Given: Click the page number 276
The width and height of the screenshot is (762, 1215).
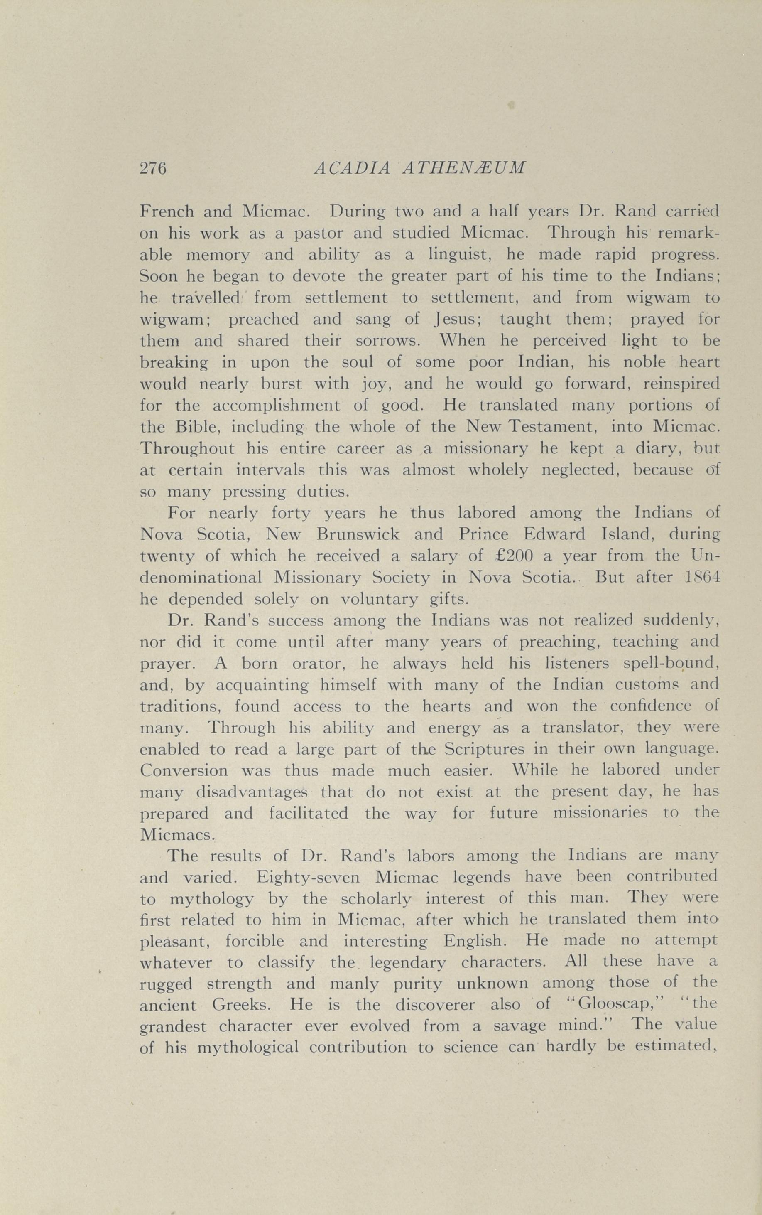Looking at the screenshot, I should point(152,168).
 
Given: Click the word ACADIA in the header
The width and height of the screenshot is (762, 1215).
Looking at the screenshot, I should point(352,168).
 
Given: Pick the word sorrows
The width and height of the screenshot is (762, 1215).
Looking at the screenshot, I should point(387,341).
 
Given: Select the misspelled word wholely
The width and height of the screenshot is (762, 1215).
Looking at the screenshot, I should point(498,470).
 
